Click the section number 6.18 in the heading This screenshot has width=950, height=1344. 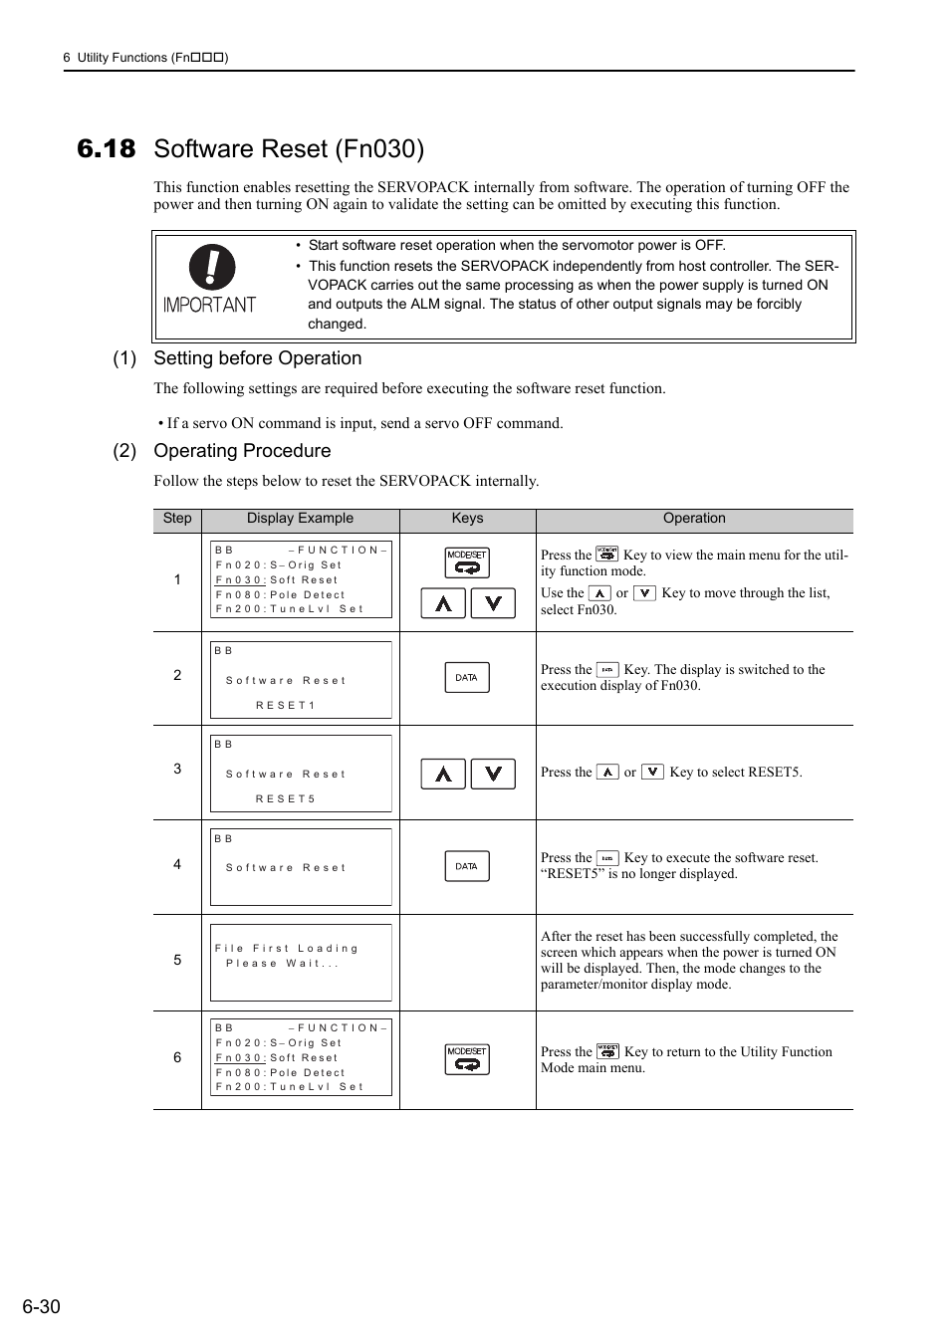point(106,149)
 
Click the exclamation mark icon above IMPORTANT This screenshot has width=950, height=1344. point(212,267)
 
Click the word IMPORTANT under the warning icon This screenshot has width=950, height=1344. point(209,305)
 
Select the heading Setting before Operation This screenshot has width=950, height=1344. point(257,358)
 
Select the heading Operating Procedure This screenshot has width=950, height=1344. point(242,451)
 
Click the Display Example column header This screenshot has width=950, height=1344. point(300,519)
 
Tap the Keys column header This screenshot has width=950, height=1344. point(467,519)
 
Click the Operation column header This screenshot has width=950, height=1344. point(694,519)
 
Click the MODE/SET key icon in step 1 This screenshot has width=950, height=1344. point(467,562)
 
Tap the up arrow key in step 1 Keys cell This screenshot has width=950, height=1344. point(443,603)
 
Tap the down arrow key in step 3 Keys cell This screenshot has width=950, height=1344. point(493,774)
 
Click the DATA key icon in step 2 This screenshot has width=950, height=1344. point(467,678)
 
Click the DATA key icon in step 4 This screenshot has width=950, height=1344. point(467,866)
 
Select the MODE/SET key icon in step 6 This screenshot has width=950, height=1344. point(467,1059)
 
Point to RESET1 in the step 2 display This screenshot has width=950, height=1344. point(285,705)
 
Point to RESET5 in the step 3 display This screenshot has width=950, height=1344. point(285,798)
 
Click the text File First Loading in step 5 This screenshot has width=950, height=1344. point(286,949)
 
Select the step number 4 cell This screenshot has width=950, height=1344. point(177,865)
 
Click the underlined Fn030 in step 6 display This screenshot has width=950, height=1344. point(240,1058)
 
